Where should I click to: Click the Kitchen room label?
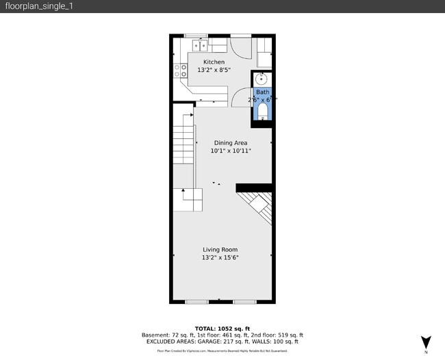(213, 62)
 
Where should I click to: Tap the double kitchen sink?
(201, 46)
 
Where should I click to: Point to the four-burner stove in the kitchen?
(180, 71)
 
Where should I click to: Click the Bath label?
(262, 92)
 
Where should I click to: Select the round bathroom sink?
(262, 78)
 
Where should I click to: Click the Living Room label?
(220, 250)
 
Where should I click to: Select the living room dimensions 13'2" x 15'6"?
(220, 258)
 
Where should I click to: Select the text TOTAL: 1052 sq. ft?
(222, 329)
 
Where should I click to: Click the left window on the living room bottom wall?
(196, 301)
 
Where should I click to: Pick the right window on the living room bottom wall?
(244, 301)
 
